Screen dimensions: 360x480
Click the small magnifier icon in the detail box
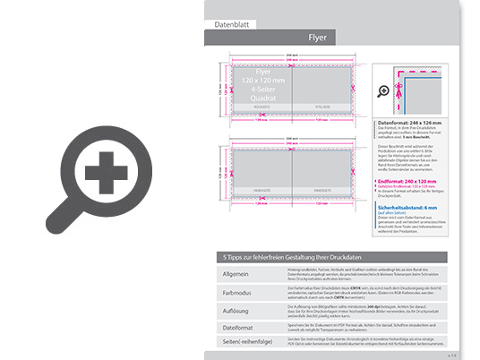[384, 90]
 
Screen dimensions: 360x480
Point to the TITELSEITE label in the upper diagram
[322, 105]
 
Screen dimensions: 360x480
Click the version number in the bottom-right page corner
[453, 355]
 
